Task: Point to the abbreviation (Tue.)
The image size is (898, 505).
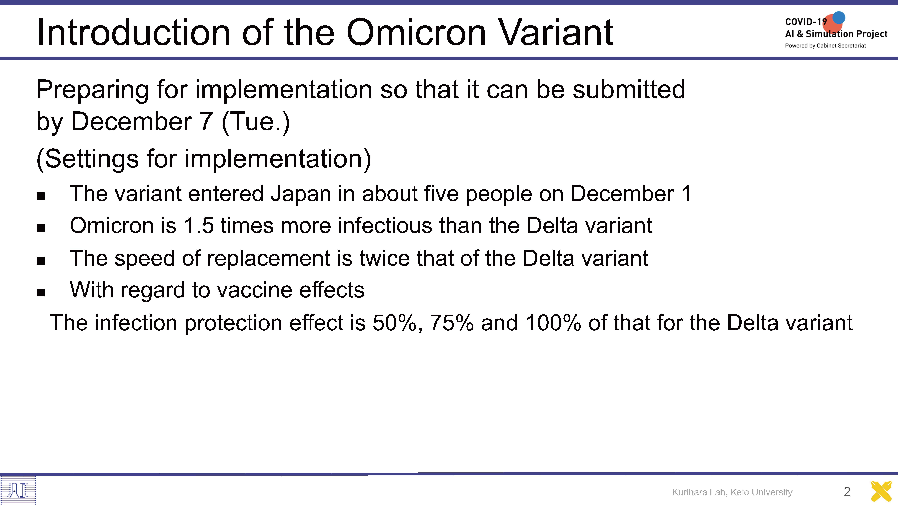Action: (x=255, y=122)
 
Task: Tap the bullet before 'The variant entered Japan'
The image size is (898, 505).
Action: (x=41, y=197)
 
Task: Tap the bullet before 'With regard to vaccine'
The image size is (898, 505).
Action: (x=41, y=292)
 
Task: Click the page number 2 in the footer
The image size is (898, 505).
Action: (x=847, y=492)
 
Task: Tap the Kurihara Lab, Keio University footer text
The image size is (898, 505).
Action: (x=732, y=492)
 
